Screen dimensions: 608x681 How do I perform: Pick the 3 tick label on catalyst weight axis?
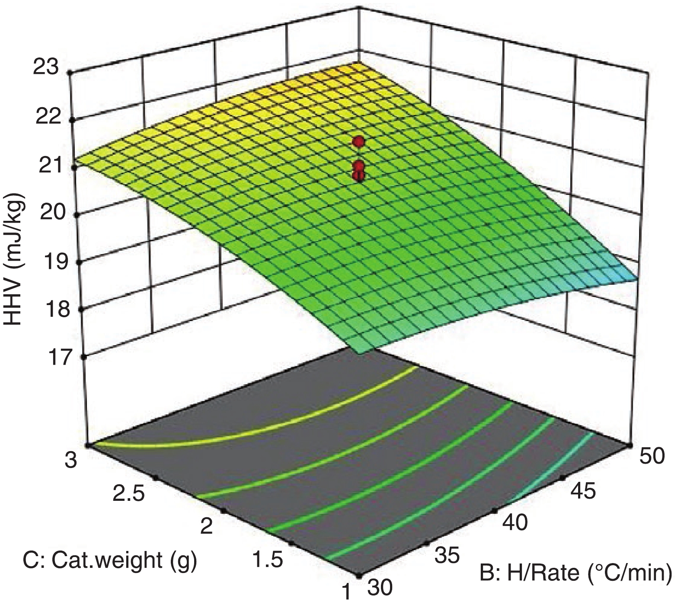[71, 461]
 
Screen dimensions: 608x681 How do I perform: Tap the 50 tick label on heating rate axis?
[651, 455]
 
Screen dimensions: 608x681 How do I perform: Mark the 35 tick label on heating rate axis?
[446, 556]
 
